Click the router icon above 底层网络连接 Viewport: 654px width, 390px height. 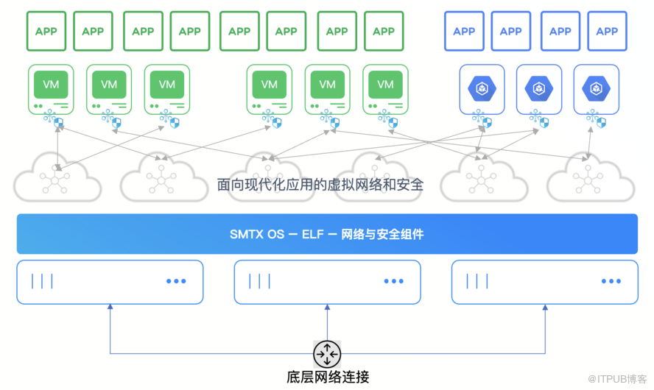[x=327, y=353]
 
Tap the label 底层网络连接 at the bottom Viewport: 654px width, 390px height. [x=327, y=377]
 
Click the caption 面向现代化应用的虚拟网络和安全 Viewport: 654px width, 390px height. [x=320, y=184]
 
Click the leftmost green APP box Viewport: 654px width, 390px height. [x=46, y=31]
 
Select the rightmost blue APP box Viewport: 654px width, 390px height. [x=607, y=31]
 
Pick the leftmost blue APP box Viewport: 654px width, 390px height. [x=464, y=31]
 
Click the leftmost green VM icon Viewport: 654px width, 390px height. [x=51, y=85]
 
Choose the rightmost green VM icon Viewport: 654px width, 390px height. [x=385, y=85]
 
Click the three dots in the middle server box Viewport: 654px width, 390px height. [x=393, y=281]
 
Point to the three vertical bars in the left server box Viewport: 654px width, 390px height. [x=42, y=281]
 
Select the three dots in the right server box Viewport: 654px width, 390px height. [x=611, y=281]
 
